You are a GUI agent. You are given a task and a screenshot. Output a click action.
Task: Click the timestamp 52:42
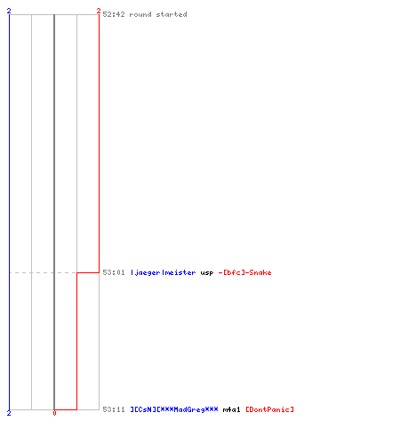114,14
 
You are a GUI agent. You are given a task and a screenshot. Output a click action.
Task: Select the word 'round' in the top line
140,14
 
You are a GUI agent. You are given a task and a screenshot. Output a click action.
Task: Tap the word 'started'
172,14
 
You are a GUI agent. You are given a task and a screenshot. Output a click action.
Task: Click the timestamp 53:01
114,272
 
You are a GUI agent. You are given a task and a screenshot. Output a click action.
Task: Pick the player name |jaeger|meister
164,272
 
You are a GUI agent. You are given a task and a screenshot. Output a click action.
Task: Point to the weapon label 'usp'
207,272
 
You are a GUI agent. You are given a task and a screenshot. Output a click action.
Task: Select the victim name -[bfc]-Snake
244,272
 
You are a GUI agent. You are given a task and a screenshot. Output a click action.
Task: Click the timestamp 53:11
114,409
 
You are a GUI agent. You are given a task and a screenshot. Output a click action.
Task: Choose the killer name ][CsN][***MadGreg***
174,409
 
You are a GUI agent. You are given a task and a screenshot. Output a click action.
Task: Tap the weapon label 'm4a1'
231,409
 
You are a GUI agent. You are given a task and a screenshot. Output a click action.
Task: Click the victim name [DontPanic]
269,409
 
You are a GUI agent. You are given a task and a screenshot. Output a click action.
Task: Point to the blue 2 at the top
9,11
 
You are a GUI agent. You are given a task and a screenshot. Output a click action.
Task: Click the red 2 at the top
99,11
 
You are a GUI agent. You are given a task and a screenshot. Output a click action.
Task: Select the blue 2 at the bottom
9,413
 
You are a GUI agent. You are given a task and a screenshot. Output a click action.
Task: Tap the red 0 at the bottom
54,413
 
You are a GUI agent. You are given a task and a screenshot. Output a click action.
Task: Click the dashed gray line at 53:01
43,272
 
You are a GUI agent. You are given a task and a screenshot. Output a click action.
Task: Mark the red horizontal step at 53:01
88,272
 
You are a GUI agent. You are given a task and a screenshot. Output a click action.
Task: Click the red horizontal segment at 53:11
66,409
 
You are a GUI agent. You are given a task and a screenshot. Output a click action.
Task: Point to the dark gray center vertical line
54,212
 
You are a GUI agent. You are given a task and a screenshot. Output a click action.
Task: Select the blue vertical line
9,212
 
